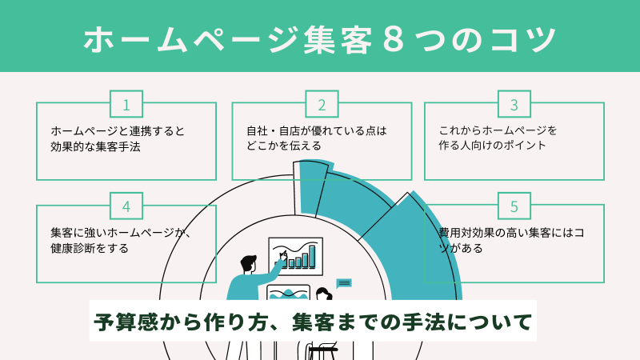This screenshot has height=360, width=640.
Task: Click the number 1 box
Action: tap(126, 104)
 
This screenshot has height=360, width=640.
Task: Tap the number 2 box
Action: tap(322, 104)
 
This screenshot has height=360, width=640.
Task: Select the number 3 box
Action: tap(514, 104)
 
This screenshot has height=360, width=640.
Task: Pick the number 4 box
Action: tap(126, 206)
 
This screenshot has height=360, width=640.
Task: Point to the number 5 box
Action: tap(514, 206)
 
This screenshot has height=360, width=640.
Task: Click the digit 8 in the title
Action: tap(394, 39)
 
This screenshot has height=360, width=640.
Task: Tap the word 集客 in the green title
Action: tap(338, 39)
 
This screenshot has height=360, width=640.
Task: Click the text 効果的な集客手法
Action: tap(95, 146)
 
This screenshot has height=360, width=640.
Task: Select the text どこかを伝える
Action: tap(284, 146)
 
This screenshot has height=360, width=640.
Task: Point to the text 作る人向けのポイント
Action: tap(492, 146)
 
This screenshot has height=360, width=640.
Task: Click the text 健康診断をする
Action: tap(90, 248)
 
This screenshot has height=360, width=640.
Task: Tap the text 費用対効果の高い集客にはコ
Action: tap(511, 233)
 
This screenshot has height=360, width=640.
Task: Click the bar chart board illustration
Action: tap(295, 256)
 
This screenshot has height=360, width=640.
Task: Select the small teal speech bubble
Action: tap(344, 283)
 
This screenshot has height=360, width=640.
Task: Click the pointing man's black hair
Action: tap(248, 263)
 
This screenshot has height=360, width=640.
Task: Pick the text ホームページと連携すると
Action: tap(118, 131)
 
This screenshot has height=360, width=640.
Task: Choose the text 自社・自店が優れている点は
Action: tap(317, 131)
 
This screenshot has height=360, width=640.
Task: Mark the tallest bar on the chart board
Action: tap(312, 256)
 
